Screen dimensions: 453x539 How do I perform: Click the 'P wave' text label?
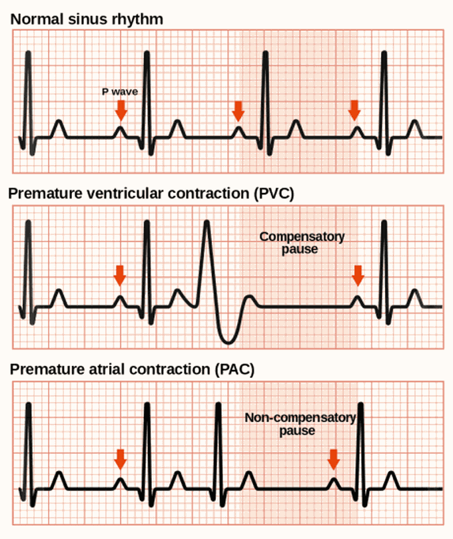tap(120, 92)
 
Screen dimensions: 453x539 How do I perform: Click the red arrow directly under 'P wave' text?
tap(121, 110)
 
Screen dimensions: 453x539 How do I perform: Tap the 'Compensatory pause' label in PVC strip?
tap(302, 243)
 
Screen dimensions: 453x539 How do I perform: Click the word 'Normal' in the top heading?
tap(37, 19)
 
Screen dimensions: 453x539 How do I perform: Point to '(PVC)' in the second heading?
tap(274, 194)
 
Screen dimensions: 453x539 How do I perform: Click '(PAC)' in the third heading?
tap(234, 369)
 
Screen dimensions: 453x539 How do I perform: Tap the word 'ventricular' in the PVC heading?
tap(125, 194)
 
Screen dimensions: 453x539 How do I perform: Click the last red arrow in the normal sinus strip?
tap(354, 110)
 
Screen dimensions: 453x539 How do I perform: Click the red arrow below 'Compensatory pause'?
tap(358, 275)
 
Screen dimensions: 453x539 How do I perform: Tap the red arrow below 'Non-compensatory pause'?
tap(333, 460)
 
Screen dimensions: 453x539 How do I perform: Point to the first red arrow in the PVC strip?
tap(120, 275)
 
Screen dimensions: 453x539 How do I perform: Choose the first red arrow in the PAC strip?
tap(120, 459)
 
